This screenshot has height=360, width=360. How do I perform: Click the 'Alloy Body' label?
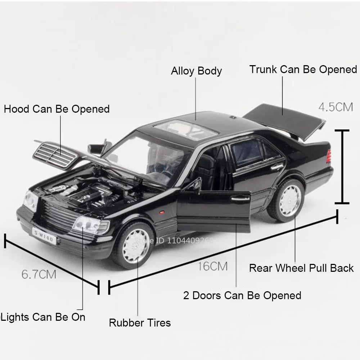click(x=196, y=71)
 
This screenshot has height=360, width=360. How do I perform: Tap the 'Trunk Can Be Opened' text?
click(x=303, y=69)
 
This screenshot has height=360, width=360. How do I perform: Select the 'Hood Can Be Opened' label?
click(x=57, y=109)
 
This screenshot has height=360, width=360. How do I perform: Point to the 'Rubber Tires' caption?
click(x=140, y=323)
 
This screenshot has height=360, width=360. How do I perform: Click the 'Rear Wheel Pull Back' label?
click(x=301, y=268)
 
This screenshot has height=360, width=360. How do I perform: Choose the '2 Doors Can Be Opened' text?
click(x=242, y=296)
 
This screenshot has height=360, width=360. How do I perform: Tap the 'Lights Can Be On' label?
click(x=44, y=317)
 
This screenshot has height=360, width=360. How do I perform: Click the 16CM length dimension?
click(x=212, y=266)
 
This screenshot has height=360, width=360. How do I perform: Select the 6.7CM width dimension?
click(x=39, y=274)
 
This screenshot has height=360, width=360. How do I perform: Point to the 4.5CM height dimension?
click(x=335, y=107)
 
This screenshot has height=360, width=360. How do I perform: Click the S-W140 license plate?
click(x=44, y=236)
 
